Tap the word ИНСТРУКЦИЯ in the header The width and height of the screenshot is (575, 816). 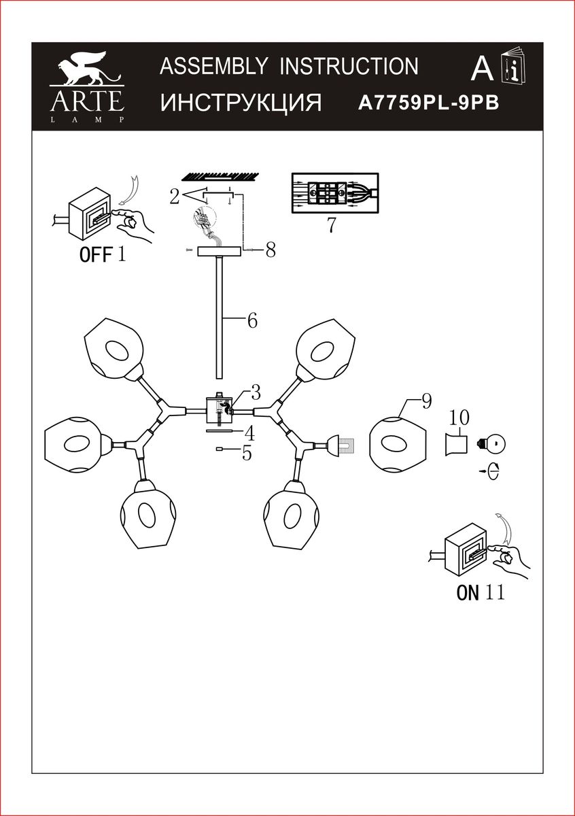click(x=241, y=103)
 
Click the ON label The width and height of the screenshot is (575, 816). click(x=468, y=592)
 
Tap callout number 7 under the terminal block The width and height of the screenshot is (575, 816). click(x=331, y=224)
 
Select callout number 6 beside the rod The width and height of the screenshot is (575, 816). click(x=252, y=320)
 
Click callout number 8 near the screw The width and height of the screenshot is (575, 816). click(x=271, y=250)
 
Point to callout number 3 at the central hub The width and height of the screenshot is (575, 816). click(x=255, y=392)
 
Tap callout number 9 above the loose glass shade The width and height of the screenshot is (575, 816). click(x=426, y=401)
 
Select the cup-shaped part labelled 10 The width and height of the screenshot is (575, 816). click(x=457, y=445)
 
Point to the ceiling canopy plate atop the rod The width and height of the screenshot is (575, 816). click(x=219, y=252)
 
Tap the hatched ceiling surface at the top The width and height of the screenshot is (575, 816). click(x=219, y=175)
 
